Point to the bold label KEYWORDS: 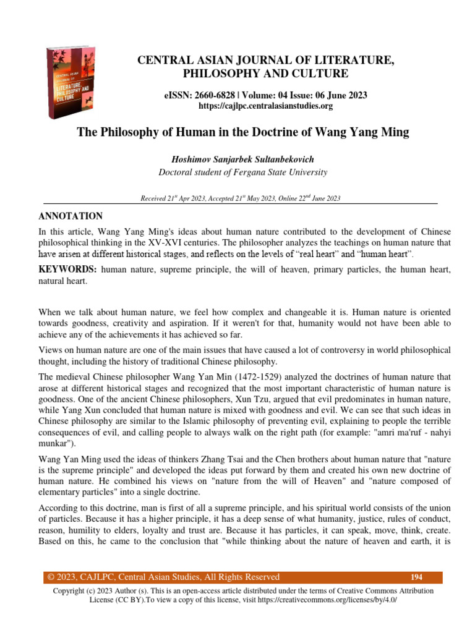[67, 270]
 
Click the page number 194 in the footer [416, 577]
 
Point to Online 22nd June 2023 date [309, 198]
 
